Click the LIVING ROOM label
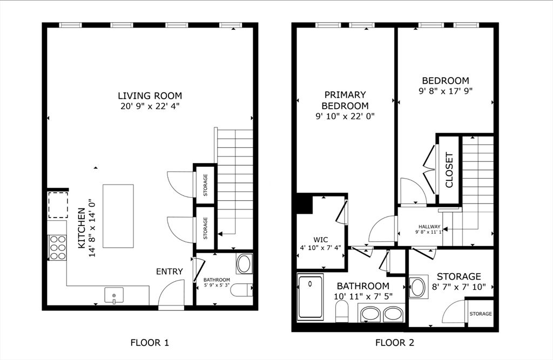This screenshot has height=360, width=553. [150, 96]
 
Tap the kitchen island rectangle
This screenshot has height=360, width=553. [118, 216]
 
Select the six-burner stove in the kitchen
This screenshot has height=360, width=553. [58, 247]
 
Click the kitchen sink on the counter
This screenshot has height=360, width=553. [114, 295]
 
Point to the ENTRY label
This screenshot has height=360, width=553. [170, 271]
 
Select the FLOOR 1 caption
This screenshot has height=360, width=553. [150, 342]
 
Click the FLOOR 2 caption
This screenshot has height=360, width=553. [395, 342]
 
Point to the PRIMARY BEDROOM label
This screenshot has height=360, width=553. [345, 100]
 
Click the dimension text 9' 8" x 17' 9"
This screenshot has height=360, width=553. [446, 91]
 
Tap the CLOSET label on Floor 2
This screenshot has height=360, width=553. [449, 170]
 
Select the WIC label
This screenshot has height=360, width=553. [321, 240]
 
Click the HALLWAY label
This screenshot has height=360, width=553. [429, 227]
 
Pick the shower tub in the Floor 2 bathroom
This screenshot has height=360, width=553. [310, 297]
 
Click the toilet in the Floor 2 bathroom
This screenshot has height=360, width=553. [342, 313]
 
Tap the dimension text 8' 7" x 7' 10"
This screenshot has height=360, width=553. [459, 287]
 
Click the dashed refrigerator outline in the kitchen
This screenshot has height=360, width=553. [58, 205]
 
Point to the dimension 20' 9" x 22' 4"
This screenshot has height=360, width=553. [150, 106]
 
